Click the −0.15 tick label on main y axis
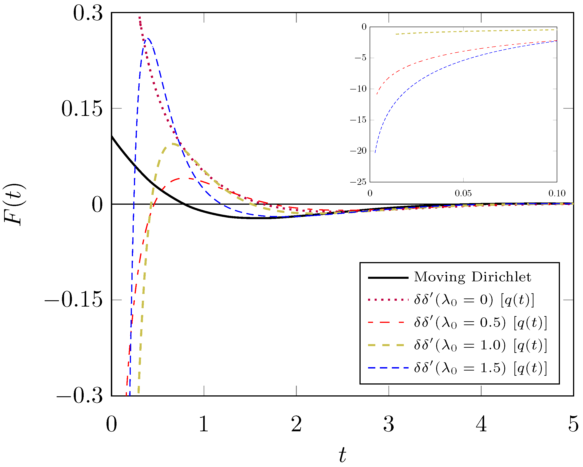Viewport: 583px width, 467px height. [x=74, y=300]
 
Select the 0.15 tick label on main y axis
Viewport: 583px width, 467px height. [x=82, y=109]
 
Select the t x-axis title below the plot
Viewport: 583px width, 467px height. [x=342, y=455]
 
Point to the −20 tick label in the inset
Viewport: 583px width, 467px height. [x=358, y=151]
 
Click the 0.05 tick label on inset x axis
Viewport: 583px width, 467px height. [x=463, y=193]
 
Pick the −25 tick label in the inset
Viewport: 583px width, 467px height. [x=358, y=182]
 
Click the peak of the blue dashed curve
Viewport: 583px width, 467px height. [x=147, y=38]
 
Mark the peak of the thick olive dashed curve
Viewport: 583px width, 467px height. [x=172, y=143]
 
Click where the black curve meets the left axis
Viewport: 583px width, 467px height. [x=112, y=136]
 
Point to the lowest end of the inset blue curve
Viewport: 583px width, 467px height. [x=375, y=153]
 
